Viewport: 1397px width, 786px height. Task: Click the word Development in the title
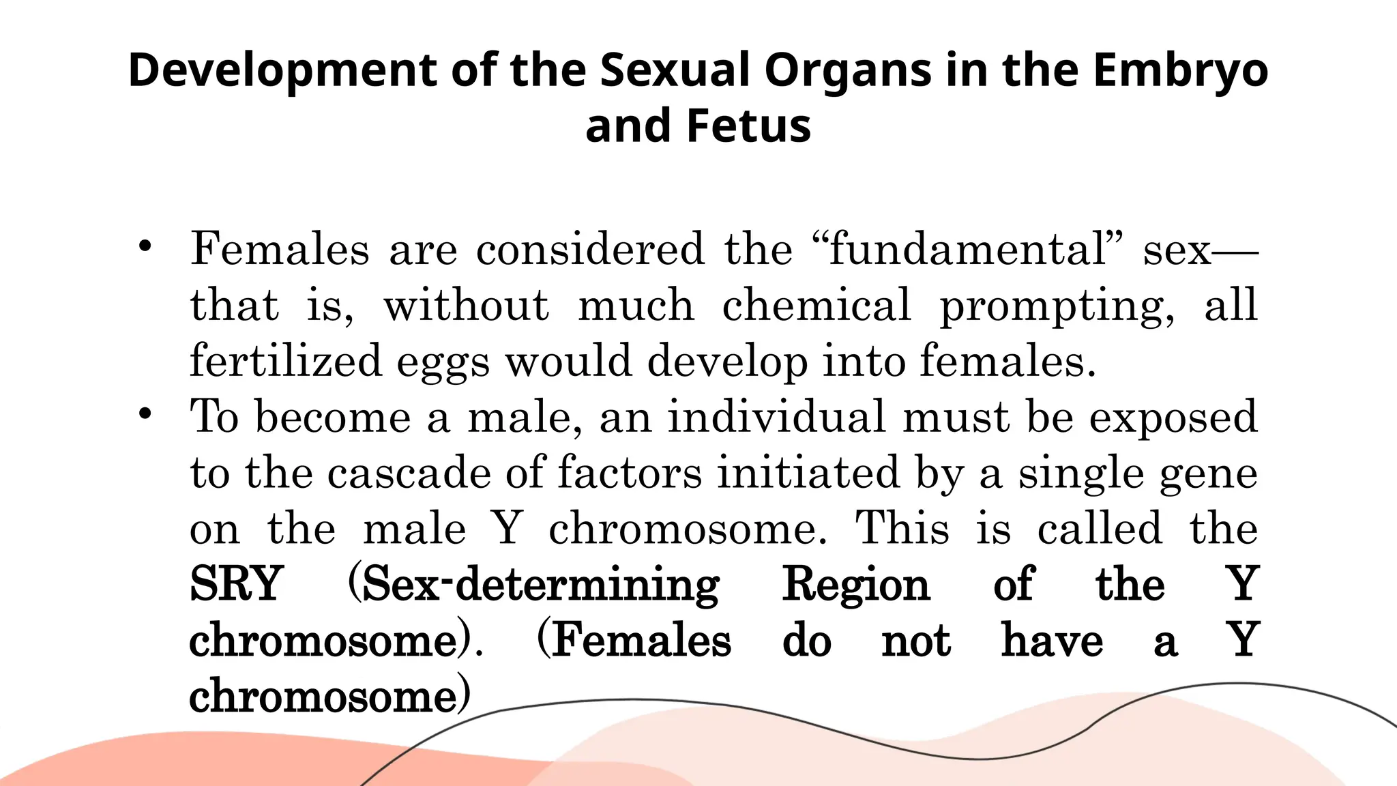[282, 71]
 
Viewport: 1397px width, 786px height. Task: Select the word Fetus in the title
[748, 127]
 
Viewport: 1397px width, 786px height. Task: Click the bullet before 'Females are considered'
[144, 247]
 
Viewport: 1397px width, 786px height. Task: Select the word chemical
[817, 305]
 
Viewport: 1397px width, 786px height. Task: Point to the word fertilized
[285, 361]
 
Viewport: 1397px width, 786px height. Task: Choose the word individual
[776, 417]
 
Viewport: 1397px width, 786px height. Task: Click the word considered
[590, 249]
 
